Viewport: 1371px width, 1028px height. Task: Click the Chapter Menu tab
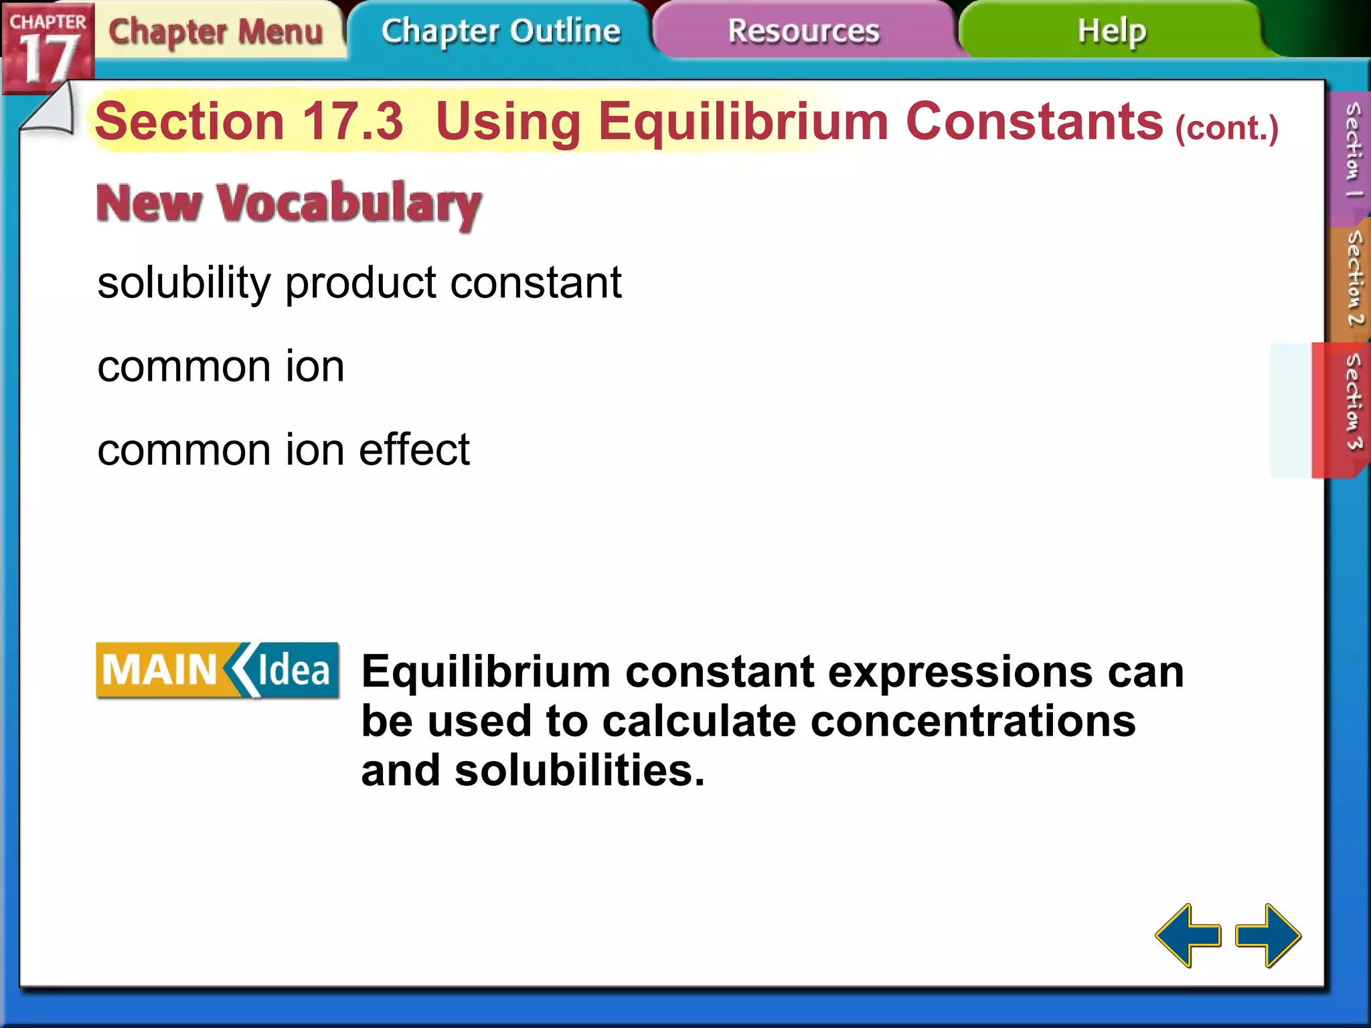pos(216,31)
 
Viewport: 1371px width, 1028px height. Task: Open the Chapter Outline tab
pos(501,31)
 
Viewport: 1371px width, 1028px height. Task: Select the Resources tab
pos(803,31)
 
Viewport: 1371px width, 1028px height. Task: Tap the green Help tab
pos(1111,31)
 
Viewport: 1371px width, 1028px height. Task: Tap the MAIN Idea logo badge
pos(218,671)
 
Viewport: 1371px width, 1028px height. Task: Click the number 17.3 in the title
pos(353,122)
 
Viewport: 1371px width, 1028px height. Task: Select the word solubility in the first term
pos(184,283)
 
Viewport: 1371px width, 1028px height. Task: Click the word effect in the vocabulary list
pos(414,449)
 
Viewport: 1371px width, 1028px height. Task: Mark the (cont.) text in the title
pos(1227,127)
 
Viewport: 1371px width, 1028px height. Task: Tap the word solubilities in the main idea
pos(579,771)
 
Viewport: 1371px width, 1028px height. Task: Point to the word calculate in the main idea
pos(699,721)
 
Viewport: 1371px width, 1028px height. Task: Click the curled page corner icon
pos(48,110)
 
